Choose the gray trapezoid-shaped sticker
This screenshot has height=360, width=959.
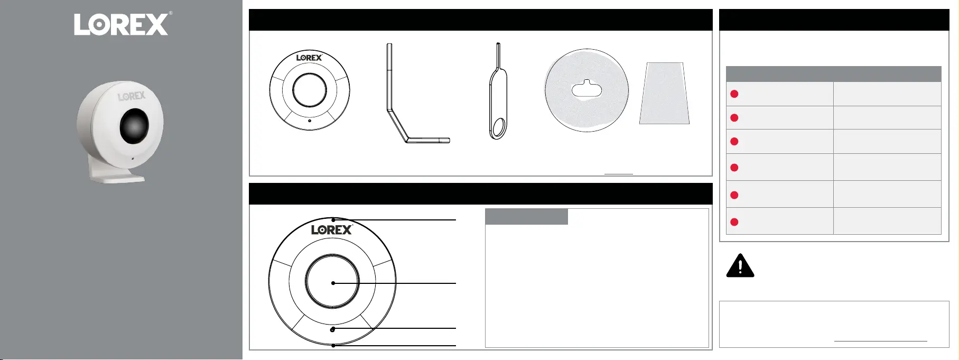pyautogui.click(x=664, y=94)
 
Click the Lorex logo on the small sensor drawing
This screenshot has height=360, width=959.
pyautogui.click(x=309, y=58)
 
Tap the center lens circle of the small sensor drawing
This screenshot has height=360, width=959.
pyautogui.click(x=310, y=90)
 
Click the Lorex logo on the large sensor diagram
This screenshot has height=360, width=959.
pyautogui.click(x=332, y=229)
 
